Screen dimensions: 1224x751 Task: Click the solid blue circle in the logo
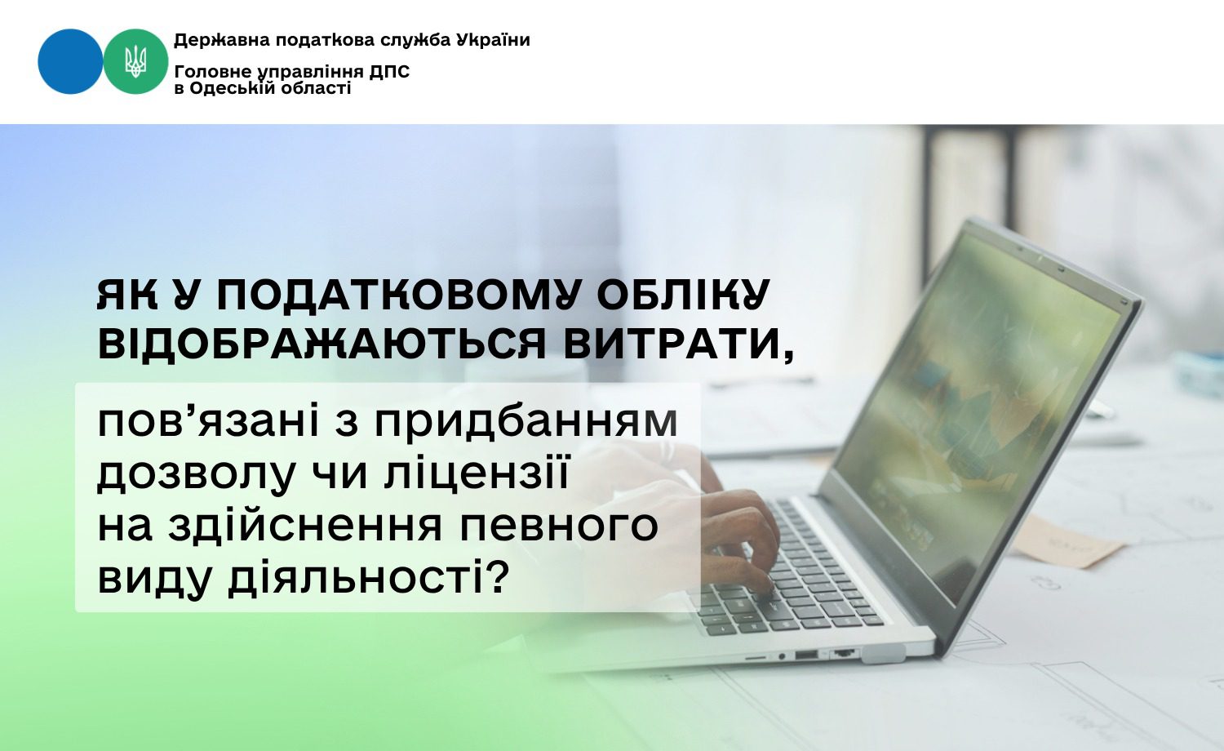pos(70,61)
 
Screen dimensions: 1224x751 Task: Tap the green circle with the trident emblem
pos(135,61)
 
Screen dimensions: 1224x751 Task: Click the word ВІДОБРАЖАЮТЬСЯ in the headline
pos(322,344)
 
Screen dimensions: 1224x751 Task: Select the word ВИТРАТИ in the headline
pos(678,345)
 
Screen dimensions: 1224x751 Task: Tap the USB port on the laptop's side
pos(806,654)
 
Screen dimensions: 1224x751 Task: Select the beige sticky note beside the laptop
pos(1066,541)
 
